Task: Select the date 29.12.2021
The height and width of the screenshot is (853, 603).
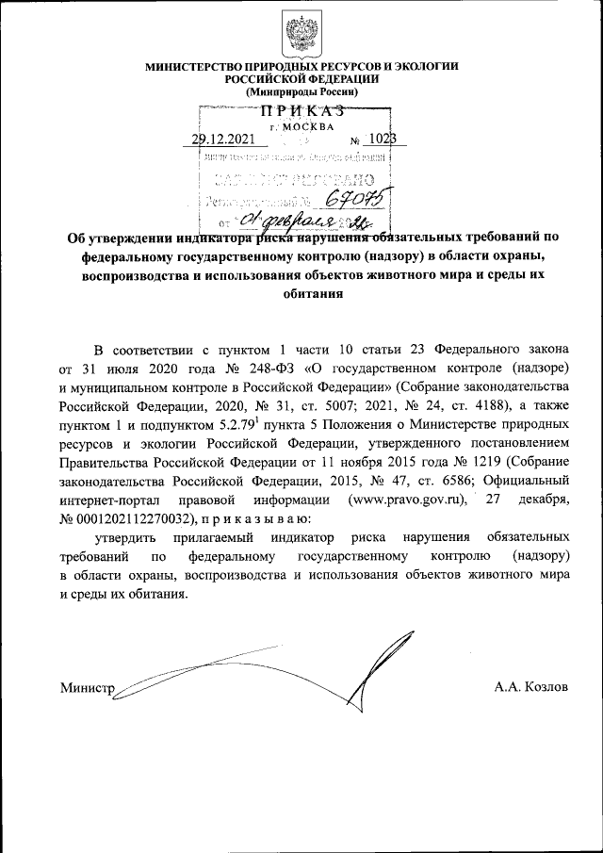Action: coord(222,139)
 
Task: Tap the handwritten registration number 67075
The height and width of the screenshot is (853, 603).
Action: coord(356,197)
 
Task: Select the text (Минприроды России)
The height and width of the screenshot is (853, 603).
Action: coord(301,92)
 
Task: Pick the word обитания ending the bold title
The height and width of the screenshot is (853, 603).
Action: coord(301,292)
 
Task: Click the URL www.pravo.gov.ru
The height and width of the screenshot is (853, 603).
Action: coord(409,499)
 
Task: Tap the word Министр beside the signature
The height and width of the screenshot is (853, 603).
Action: coord(86,687)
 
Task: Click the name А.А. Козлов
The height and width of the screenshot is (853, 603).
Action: coord(531,687)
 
